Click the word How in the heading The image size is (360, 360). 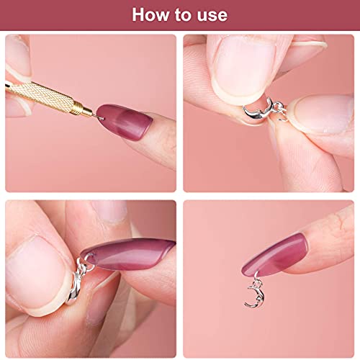[150, 14]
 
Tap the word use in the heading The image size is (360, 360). [210, 14]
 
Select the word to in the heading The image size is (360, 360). [182, 14]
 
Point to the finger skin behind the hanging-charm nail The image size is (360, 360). [331, 245]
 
